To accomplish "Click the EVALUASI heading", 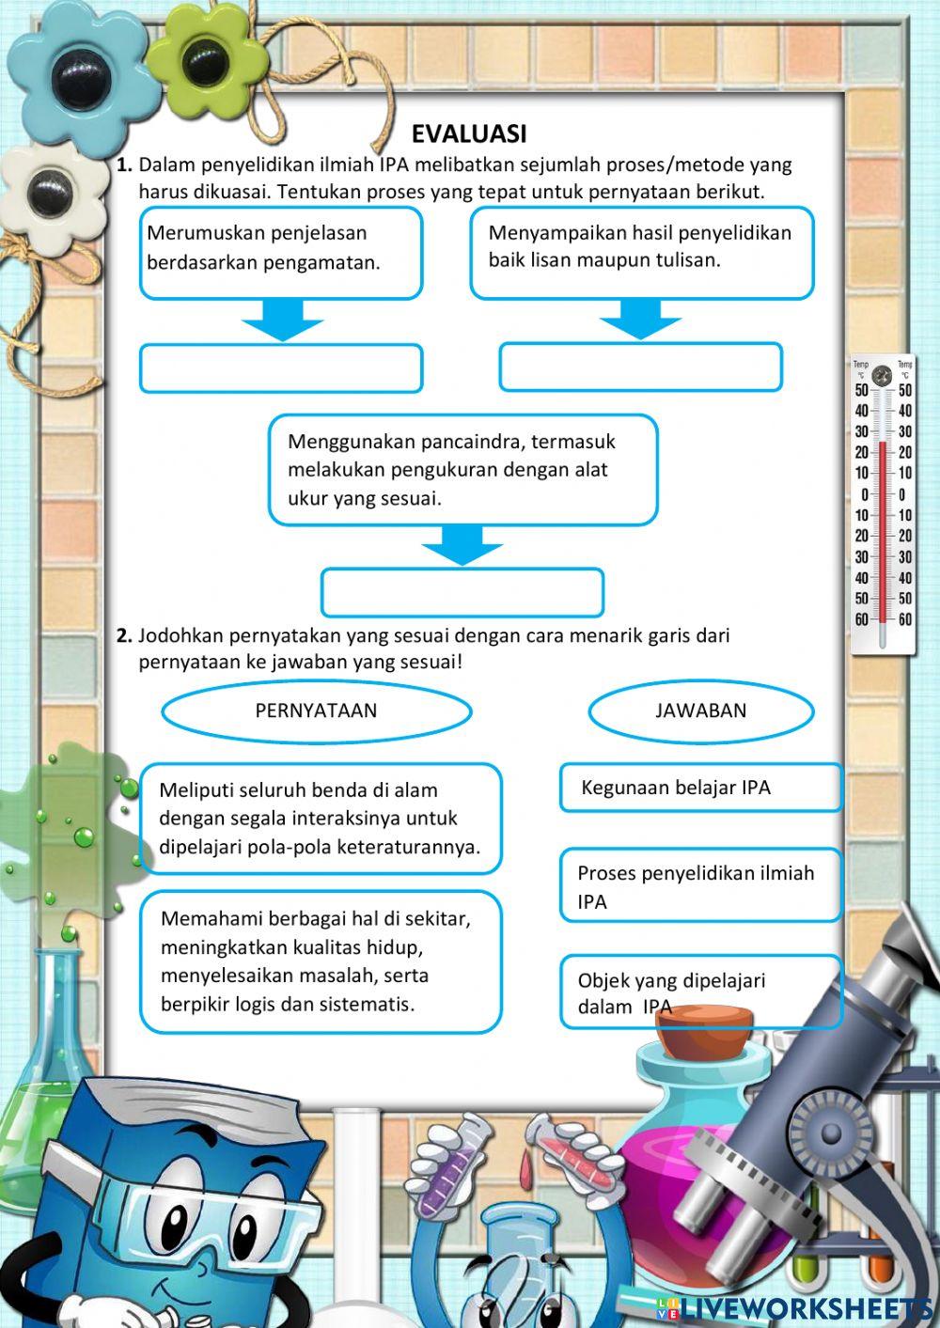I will click(468, 133).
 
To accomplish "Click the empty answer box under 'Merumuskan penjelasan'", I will click(281, 368).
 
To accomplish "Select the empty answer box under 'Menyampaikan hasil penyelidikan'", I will click(640, 367).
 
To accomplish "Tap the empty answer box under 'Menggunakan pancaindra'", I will click(462, 592).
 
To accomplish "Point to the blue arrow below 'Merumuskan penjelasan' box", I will click(282, 320).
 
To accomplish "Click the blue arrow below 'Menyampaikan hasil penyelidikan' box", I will click(640, 320).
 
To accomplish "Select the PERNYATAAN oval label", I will click(316, 711).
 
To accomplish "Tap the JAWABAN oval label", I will click(700, 711).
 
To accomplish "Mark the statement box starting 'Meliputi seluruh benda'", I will click(321, 818).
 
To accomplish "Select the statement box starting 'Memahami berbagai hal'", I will click(321, 961).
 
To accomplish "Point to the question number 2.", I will click(123, 635).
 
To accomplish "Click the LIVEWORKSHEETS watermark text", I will click(807, 1307).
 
